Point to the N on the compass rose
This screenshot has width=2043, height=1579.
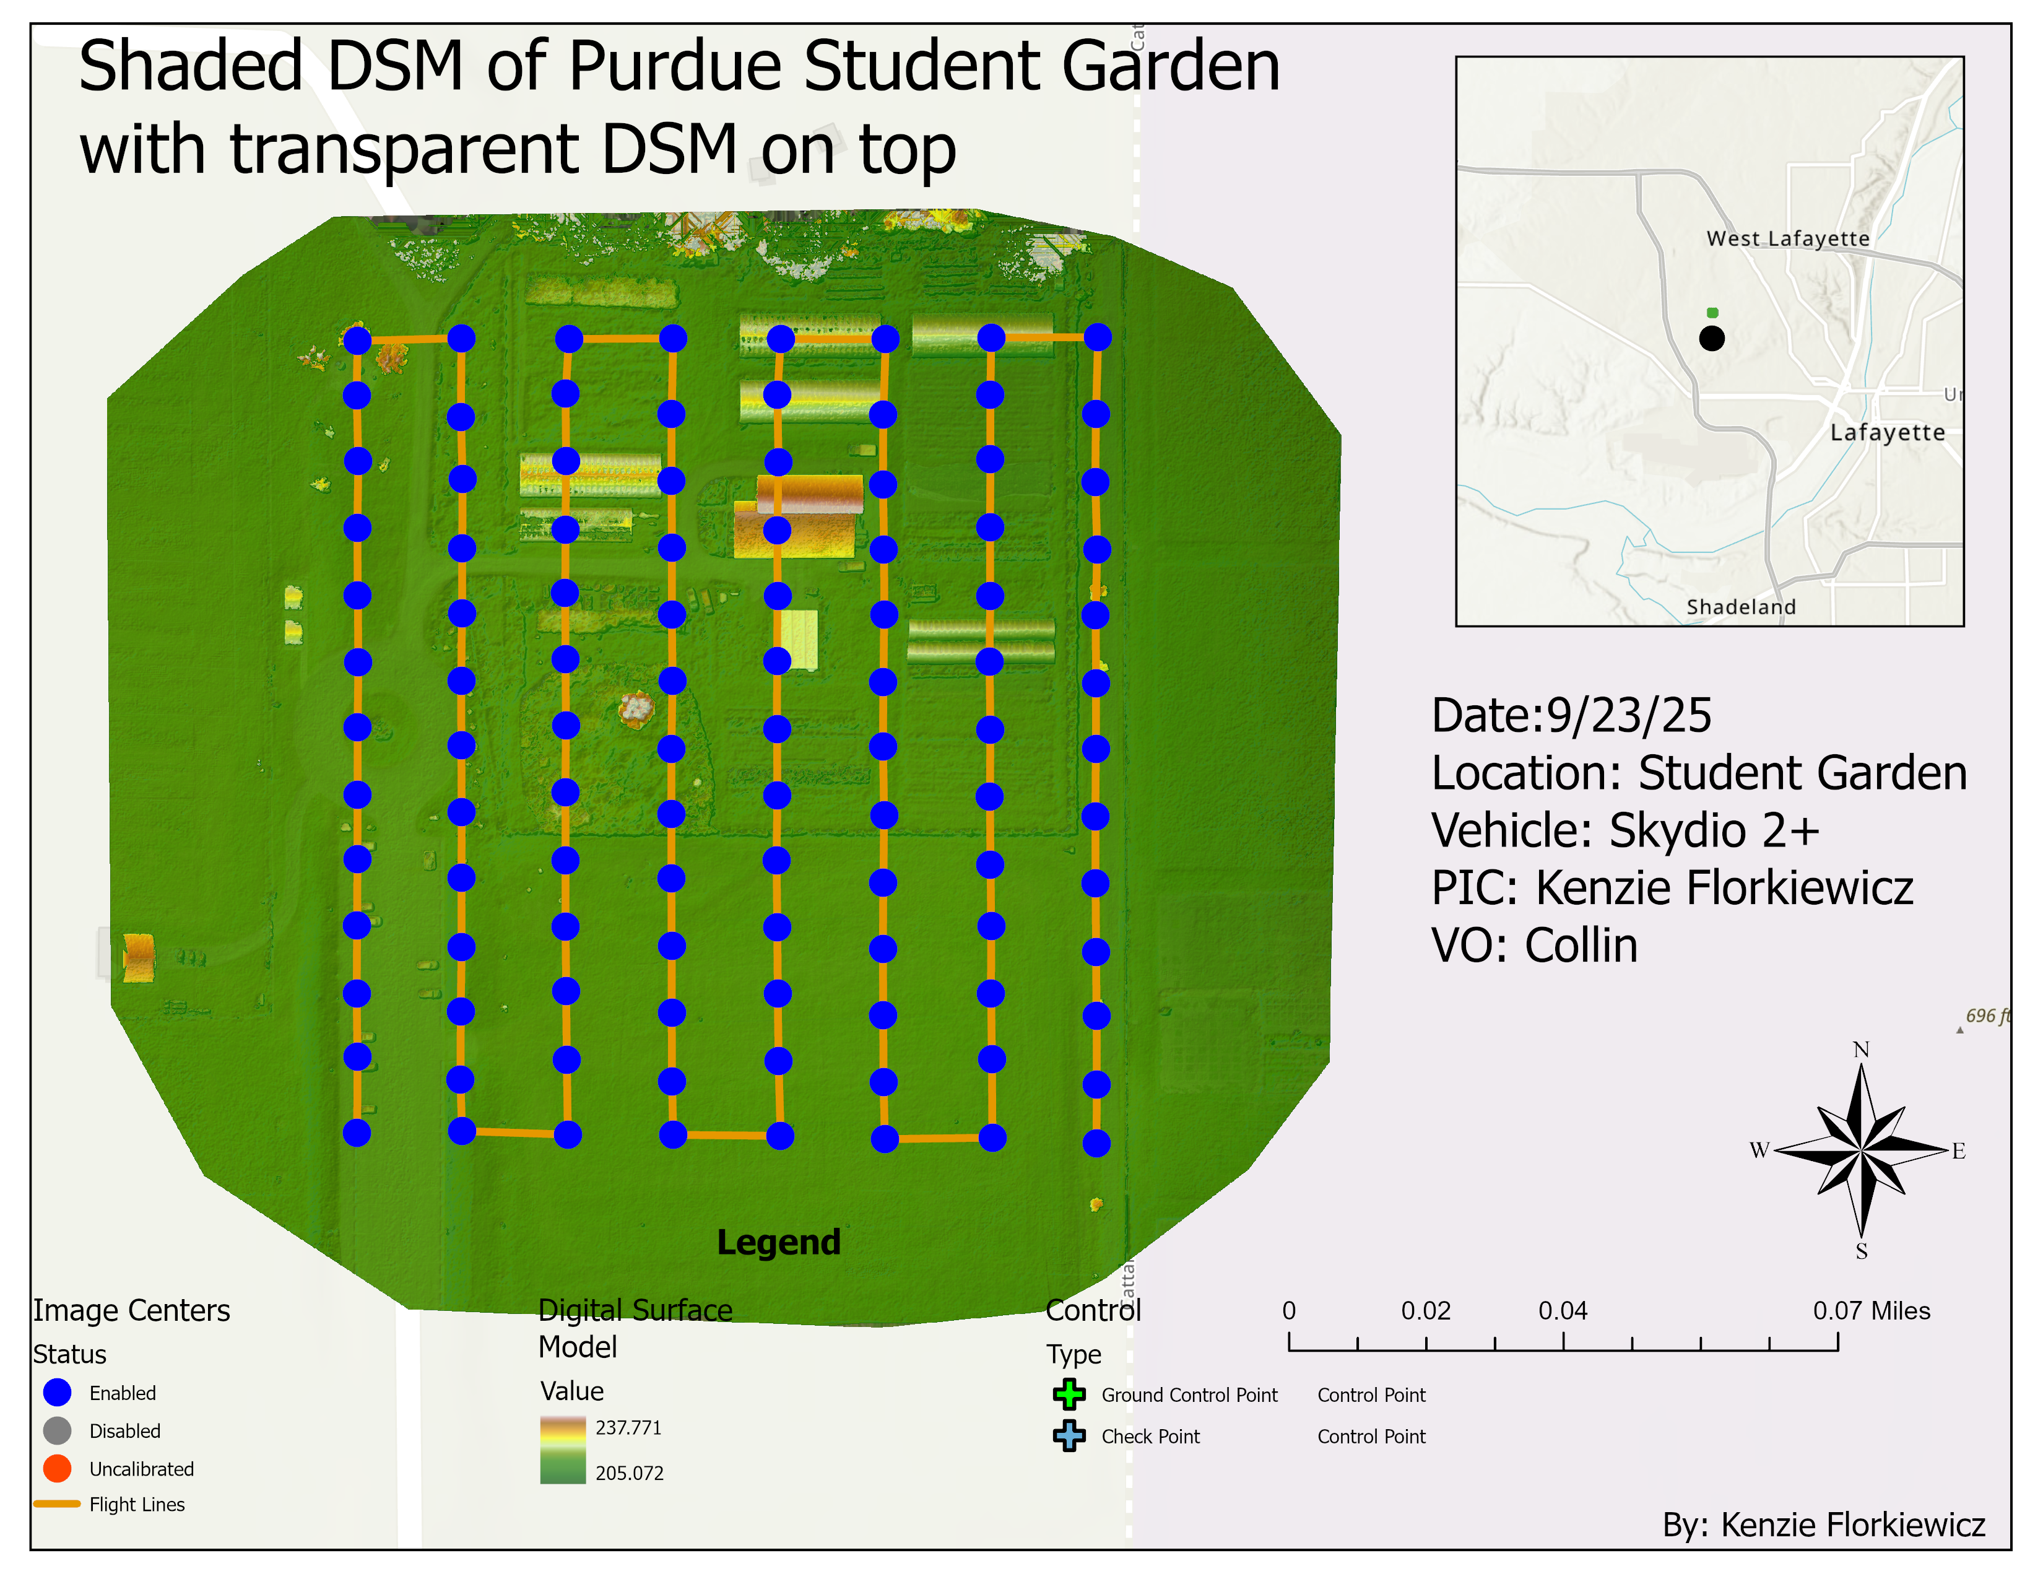(1860, 1050)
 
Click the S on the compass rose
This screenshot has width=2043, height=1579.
(1860, 1251)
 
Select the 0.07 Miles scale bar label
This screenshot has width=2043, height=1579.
(1871, 1310)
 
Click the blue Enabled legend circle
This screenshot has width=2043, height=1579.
(57, 1392)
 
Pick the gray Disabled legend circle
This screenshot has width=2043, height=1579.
(57, 1430)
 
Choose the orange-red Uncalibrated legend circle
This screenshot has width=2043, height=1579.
(57, 1469)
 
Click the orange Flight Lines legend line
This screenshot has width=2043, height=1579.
(57, 1504)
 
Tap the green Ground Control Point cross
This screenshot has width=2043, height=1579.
(1069, 1394)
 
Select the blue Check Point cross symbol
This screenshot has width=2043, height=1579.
(1069, 1436)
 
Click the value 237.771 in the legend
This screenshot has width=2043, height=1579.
(628, 1427)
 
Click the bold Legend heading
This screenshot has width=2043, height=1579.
(778, 1242)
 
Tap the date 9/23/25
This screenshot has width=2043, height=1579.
(1629, 716)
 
